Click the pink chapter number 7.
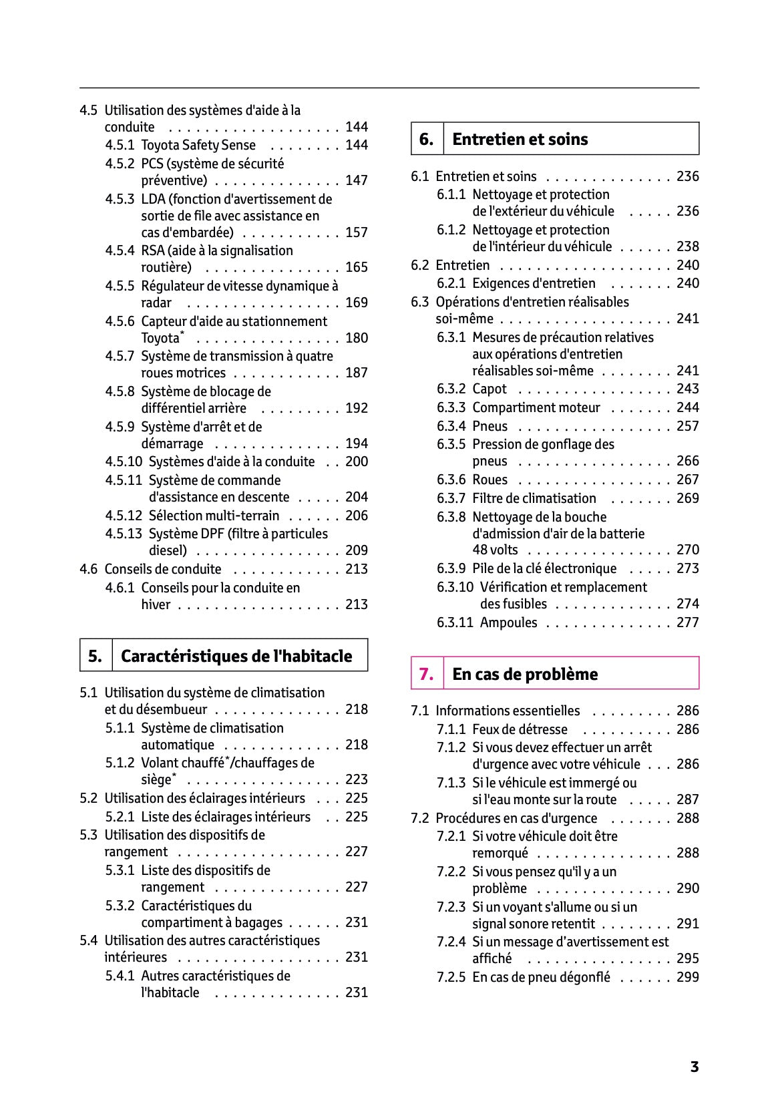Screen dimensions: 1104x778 click(x=426, y=674)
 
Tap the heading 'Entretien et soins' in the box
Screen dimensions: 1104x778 click(x=520, y=139)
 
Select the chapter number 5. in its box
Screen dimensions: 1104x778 click(x=95, y=656)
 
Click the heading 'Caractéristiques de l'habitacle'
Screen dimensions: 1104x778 click(x=236, y=656)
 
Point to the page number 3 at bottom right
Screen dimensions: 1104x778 click(x=695, y=1067)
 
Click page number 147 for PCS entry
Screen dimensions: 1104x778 click(x=357, y=180)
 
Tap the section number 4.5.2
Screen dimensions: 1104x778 click(x=120, y=164)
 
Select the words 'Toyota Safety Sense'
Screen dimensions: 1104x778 click(x=198, y=145)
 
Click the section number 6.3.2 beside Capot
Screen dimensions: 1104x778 click(x=451, y=389)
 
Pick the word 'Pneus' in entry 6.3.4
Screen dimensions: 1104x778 click(x=490, y=426)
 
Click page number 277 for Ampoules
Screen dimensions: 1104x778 click(x=687, y=622)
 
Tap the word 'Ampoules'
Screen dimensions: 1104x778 click(x=508, y=622)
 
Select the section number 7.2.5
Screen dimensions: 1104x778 click(x=451, y=977)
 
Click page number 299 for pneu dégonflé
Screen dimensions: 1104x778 click(x=687, y=977)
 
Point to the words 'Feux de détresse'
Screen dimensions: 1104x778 click(x=520, y=729)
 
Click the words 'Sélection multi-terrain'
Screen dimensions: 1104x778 click(x=214, y=516)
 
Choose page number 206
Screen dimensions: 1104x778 click(x=357, y=516)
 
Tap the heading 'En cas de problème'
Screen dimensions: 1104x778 click(x=525, y=674)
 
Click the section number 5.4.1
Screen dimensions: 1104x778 click(x=120, y=976)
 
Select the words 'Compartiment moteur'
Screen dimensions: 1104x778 click(x=536, y=407)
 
